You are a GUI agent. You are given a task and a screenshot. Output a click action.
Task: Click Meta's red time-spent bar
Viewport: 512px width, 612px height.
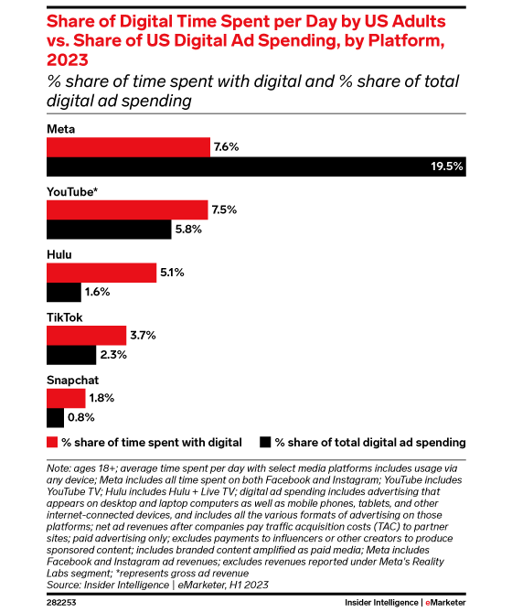pyautogui.click(x=128, y=146)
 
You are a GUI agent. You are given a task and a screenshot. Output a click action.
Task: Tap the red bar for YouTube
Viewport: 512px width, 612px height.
pyautogui.click(x=127, y=209)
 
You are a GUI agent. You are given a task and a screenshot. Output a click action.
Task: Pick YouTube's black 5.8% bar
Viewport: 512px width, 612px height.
pyautogui.click(x=109, y=230)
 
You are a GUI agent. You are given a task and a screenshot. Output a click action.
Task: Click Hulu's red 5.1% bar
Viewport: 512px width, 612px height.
pyautogui.click(x=101, y=273)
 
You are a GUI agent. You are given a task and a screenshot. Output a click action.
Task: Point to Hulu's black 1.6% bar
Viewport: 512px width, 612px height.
pyautogui.click(x=64, y=293)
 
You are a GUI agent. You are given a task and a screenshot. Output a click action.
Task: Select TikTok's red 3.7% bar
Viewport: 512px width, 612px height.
pyautogui.click(x=86, y=336)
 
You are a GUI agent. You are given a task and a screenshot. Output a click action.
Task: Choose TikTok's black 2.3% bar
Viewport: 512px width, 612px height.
pyautogui.click(x=71, y=355)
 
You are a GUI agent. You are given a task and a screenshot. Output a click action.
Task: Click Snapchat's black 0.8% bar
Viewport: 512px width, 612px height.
pyautogui.click(x=56, y=418)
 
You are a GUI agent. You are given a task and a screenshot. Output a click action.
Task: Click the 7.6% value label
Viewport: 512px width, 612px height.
pyautogui.click(x=226, y=146)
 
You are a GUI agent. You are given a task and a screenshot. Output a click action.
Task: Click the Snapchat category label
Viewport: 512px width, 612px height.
pyautogui.click(x=72, y=379)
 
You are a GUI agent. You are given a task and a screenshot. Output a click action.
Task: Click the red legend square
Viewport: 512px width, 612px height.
pyautogui.click(x=51, y=442)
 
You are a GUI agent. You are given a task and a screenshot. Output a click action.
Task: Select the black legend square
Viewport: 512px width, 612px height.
pyautogui.click(x=266, y=442)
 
